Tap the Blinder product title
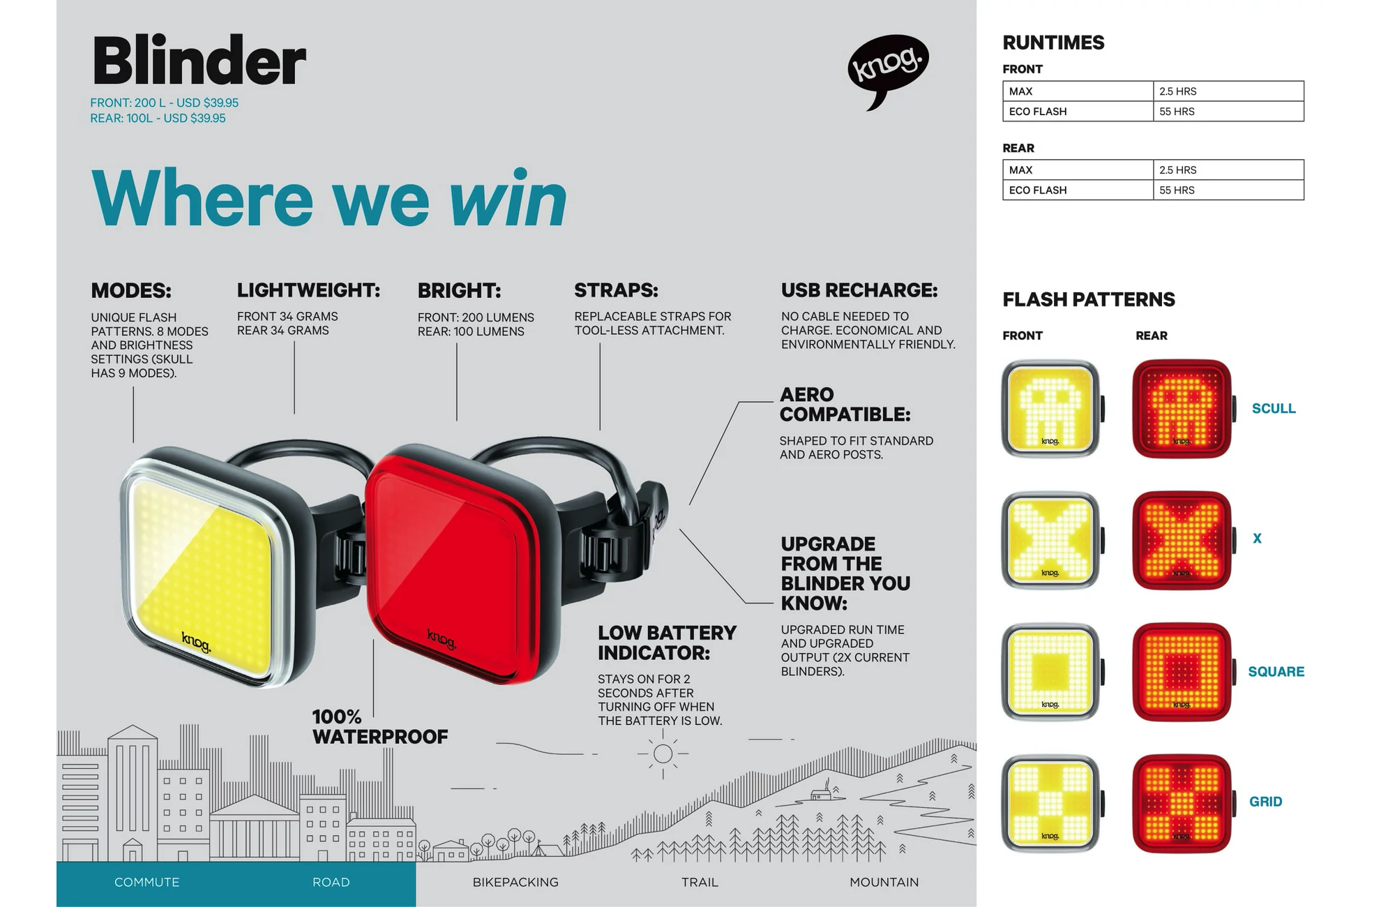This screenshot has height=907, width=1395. point(199,61)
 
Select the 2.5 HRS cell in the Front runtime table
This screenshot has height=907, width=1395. point(1228,91)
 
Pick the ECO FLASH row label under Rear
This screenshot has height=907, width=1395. point(1037,190)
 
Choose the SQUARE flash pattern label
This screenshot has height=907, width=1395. point(1276,672)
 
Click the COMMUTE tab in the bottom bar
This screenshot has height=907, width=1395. point(146,883)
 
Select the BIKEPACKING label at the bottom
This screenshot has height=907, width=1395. point(515,883)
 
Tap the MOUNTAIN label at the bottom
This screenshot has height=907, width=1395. point(884,883)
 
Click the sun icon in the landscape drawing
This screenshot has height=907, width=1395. point(663,754)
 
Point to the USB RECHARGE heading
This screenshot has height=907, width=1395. point(859,290)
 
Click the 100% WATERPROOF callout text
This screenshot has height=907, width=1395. point(380,727)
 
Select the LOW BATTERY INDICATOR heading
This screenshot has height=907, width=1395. point(667,643)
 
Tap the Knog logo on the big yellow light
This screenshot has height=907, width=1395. point(196,642)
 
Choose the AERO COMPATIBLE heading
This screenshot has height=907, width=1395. point(845,405)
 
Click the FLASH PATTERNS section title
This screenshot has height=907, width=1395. point(1089,300)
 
